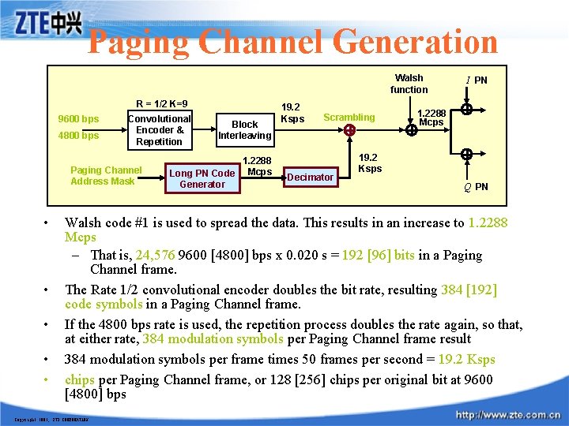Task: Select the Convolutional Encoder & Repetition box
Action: coord(159,130)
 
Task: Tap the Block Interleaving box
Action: coord(245,129)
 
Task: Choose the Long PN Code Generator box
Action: coord(202,178)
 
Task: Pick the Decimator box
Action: coord(310,177)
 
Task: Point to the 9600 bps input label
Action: coord(79,119)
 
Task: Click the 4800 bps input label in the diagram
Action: coord(79,136)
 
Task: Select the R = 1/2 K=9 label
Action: coord(161,103)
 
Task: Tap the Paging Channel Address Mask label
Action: coord(106,175)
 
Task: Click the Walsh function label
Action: coord(409,84)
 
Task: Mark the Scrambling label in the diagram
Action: coord(349,118)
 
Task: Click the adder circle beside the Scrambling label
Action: coord(349,130)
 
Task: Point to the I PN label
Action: coord(477,80)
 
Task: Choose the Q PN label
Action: coord(476,187)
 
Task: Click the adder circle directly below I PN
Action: coord(467,110)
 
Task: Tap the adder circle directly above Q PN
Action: coord(467,155)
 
